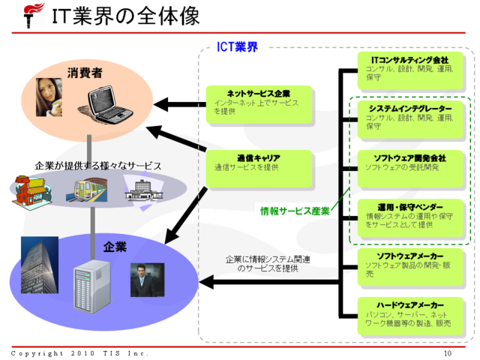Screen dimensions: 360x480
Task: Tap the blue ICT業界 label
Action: (238, 47)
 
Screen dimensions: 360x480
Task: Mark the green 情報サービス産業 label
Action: (295, 211)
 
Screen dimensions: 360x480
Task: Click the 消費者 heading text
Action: (85, 73)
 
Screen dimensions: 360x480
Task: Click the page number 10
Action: (448, 353)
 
